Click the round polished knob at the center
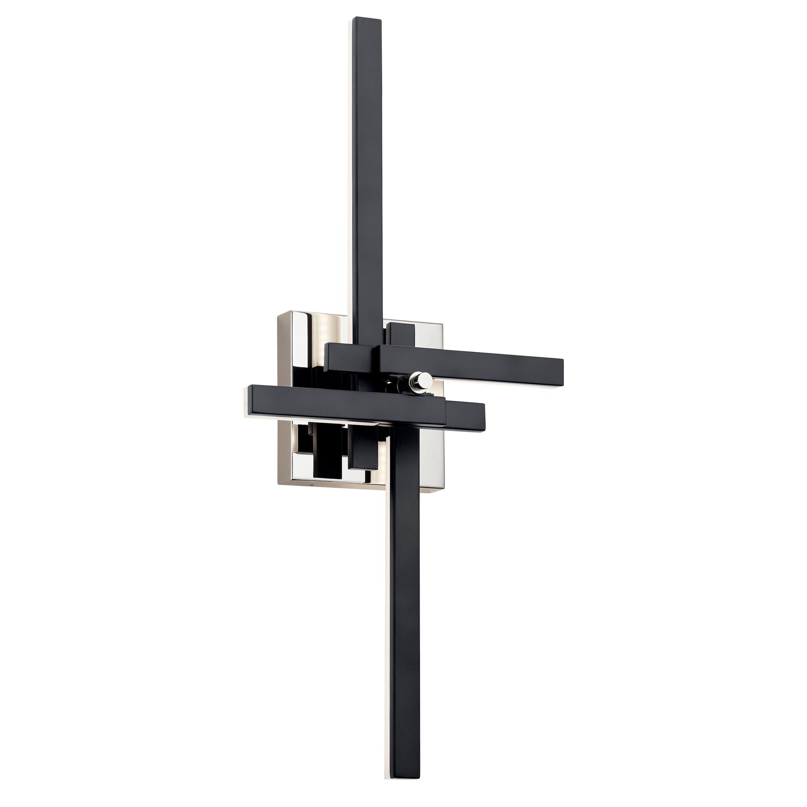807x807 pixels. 424,379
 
